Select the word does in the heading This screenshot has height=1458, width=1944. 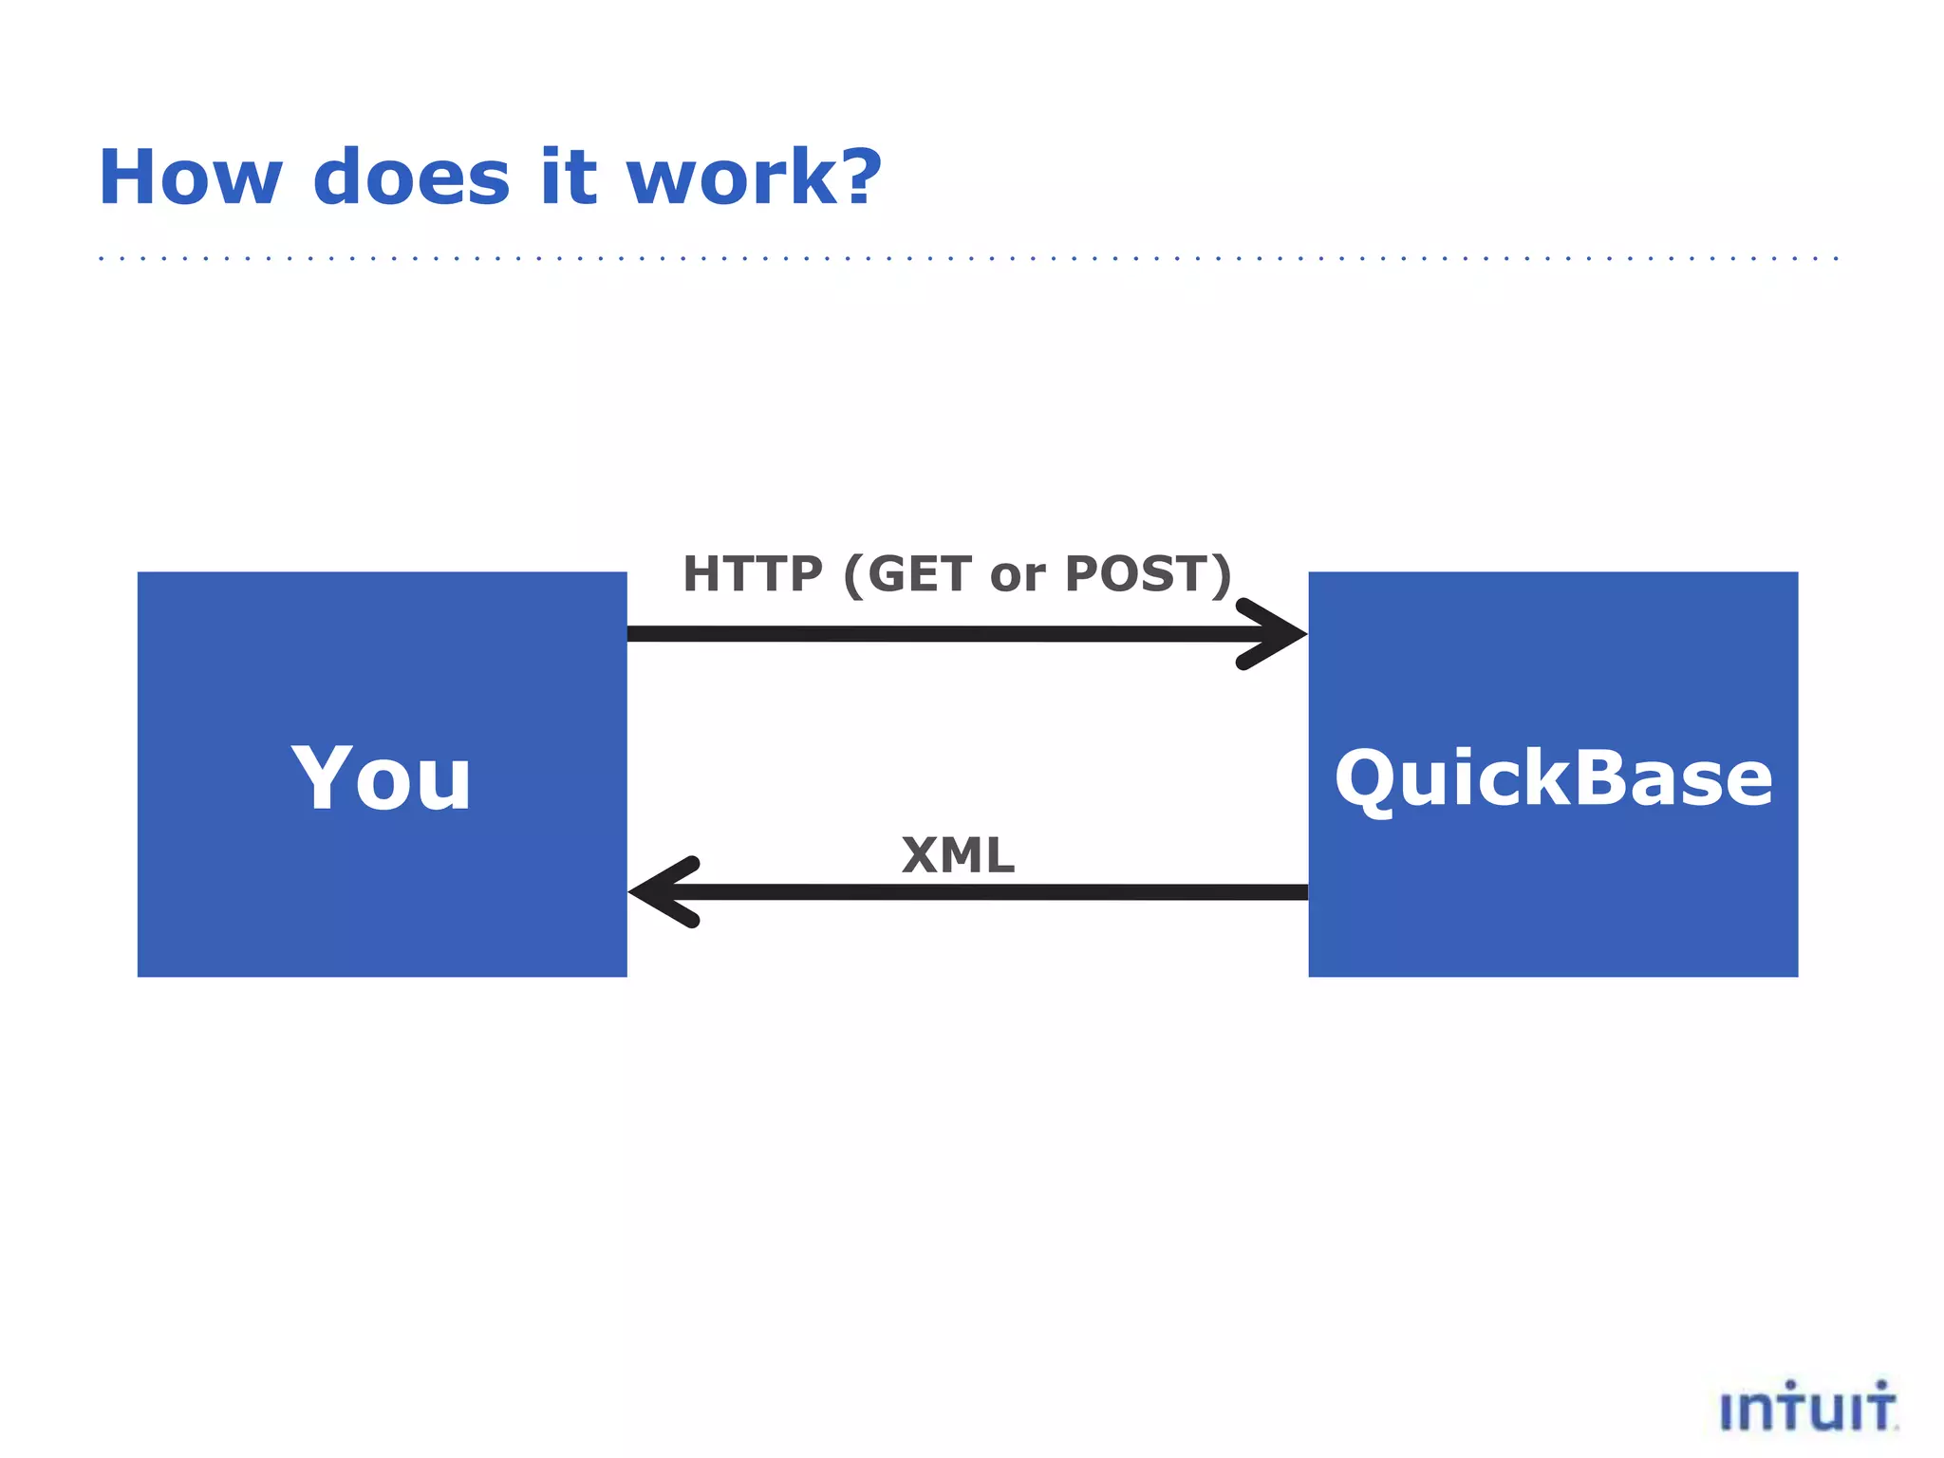coord(411,178)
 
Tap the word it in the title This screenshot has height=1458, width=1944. coord(569,178)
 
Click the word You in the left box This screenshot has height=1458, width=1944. coord(381,778)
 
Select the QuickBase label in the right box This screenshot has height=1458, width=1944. coord(1553,778)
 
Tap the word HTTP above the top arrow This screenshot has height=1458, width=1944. coord(753,574)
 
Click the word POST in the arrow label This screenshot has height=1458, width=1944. coord(1135,574)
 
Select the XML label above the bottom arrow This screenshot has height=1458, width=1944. coord(958,855)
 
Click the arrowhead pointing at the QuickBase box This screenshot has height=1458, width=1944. coord(1277,633)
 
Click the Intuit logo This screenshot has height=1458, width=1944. coord(1808,1407)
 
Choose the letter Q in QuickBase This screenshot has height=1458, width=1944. coord(1367,780)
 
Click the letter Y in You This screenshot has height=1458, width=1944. coord(325,777)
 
